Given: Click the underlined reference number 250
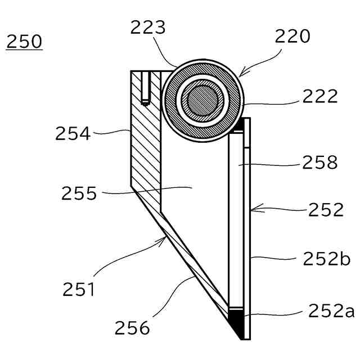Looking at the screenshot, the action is pos(24,42).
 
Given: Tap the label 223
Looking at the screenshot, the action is pos(147,28).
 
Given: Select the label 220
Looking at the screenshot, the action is pos(292,37).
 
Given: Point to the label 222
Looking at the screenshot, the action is pos(319,96).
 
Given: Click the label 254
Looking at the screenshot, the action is pos(73,134).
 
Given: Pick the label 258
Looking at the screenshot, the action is pos(319,163).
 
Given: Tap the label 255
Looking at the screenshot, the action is pos(79,194).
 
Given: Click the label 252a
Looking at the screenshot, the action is pos(331,311).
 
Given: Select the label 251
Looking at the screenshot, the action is pos(78,290).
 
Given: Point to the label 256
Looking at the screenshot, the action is pos(133,327).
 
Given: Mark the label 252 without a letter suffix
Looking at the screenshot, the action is pos(326,210).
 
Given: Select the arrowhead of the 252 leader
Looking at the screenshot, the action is pos(253,210).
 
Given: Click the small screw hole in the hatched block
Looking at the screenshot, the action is pos(145,89).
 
